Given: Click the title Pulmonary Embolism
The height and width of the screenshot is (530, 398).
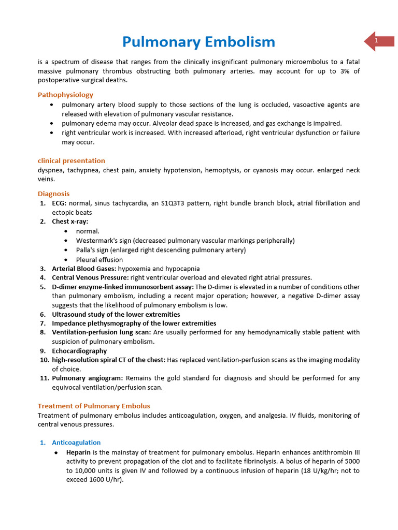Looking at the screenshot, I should tap(198, 42).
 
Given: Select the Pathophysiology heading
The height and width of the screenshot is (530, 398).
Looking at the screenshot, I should tap(65, 95).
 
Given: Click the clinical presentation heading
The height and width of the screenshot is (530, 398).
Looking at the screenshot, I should tap(71, 160).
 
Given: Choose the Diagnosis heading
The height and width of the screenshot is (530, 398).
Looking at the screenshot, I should tap(53, 194).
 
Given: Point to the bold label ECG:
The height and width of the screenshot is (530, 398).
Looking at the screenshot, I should tap(60, 203).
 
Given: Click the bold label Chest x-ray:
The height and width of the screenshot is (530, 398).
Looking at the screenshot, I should tap(70, 222).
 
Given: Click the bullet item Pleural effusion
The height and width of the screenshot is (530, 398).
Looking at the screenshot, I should tap(99, 260).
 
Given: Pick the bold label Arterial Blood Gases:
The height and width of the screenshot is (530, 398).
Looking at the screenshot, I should tap(84, 269).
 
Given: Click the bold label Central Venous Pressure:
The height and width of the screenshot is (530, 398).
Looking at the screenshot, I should tap(90, 278).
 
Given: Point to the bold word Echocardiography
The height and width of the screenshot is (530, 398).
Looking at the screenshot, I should tap(79, 351).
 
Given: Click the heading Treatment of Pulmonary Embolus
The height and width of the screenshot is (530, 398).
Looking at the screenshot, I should tap(94, 406).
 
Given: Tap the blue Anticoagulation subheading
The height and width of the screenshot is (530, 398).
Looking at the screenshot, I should tap(76, 443).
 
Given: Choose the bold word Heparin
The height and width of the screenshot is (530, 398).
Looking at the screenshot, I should tap(78, 452).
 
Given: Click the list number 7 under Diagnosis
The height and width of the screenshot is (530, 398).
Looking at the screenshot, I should tap(42, 323).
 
